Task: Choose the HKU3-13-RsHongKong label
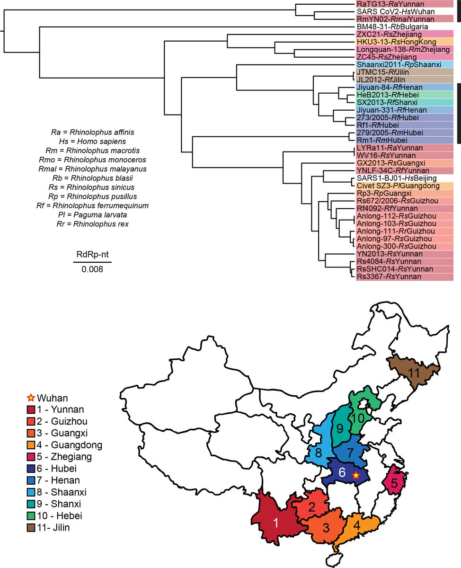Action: click(x=393, y=42)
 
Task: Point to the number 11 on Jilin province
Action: click(x=415, y=373)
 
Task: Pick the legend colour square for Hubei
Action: click(x=32, y=469)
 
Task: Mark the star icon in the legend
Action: click(x=32, y=396)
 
